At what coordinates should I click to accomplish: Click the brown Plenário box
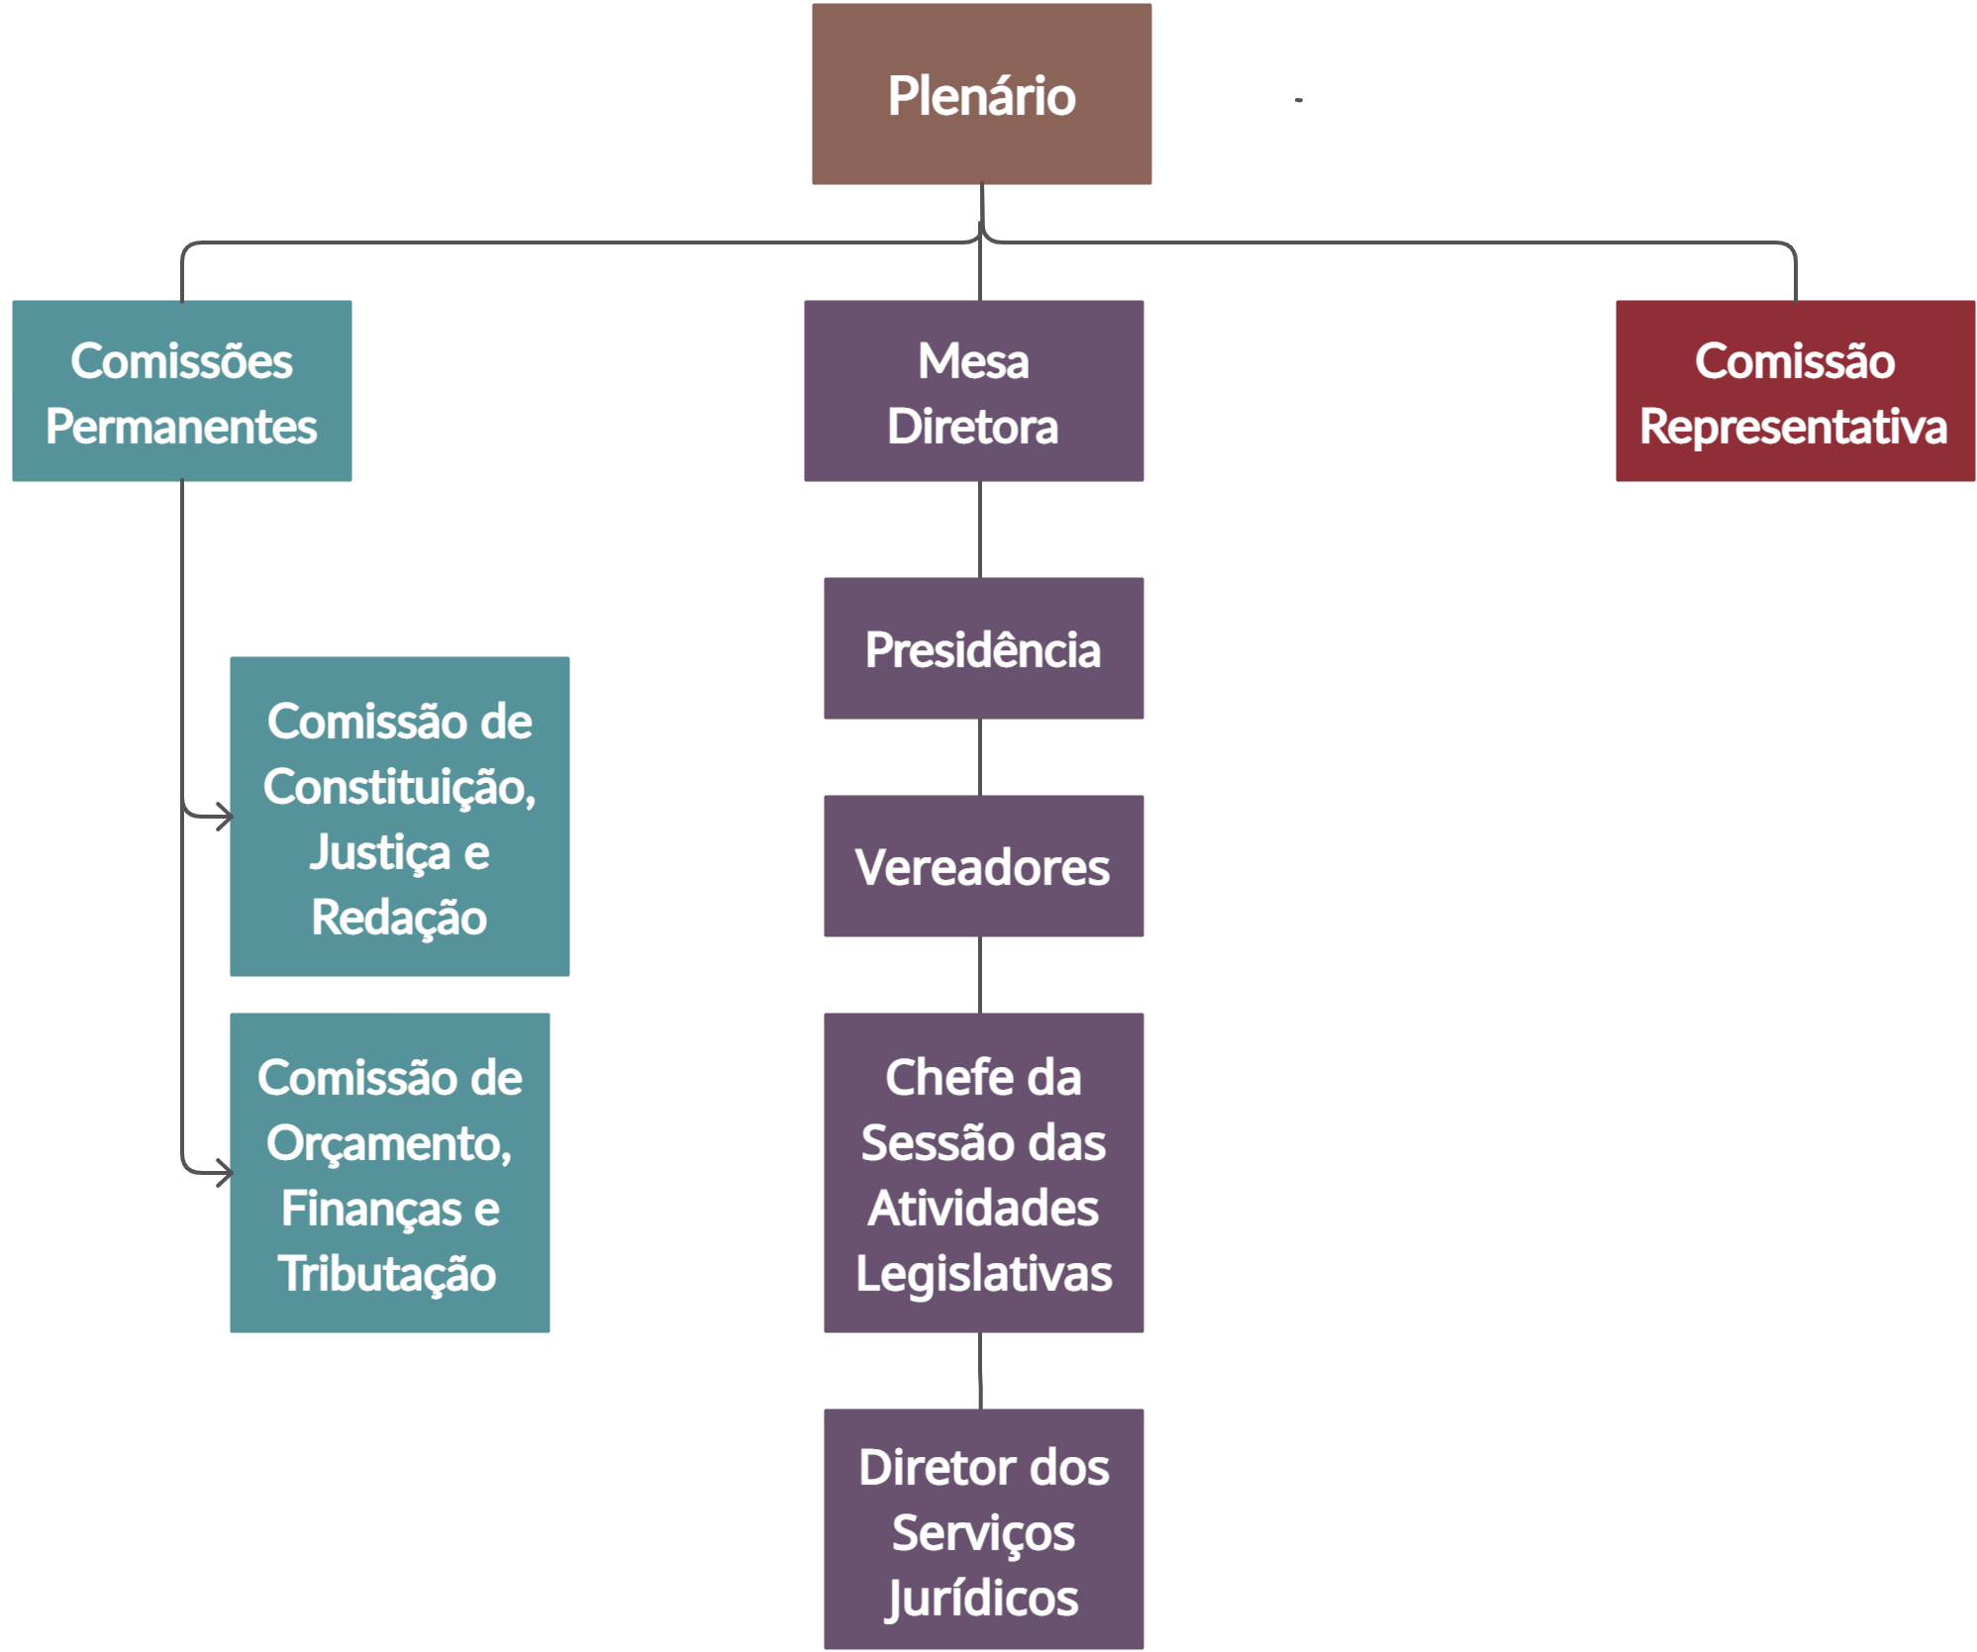[x=981, y=94]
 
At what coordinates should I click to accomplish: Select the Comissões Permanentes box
[x=181, y=391]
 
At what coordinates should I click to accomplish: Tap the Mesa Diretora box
[x=973, y=391]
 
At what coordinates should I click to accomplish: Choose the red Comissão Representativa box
[x=1794, y=391]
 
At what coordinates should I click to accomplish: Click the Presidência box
[x=983, y=648]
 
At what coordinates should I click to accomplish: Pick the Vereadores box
[x=983, y=866]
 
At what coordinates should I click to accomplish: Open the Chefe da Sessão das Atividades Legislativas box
[x=983, y=1173]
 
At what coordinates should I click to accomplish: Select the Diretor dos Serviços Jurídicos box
[x=983, y=1529]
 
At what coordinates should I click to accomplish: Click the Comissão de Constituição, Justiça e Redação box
[x=399, y=817]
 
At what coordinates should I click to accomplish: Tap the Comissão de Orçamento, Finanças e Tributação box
[x=389, y=1173]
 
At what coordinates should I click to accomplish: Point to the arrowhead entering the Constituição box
[x=225, y=817]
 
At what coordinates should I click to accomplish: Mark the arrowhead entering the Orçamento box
[x=225, y=1173]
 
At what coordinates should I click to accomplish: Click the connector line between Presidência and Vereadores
[x=980, y=757]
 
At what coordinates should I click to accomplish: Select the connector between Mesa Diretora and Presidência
[x=980, y=530]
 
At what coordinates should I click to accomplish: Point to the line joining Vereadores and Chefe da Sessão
[x=980, y=975]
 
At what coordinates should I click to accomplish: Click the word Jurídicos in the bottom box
[x=983, y=1597]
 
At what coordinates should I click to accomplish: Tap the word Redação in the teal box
[x=399, y=918]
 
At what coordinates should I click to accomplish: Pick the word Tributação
[x=387, y=1274]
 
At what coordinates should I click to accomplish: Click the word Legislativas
[x=983, y=1274]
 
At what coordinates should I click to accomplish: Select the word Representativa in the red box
[x=1793, y=427]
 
